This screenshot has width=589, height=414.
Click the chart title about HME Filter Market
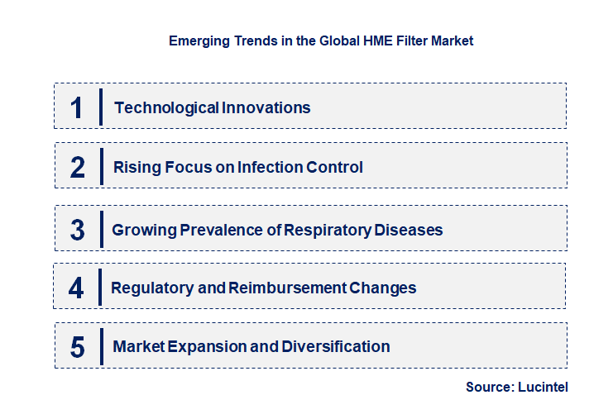[321, 40]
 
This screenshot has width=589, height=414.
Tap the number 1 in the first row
[76, 107]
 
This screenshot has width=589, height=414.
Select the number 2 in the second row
[77, 168]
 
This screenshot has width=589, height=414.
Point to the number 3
[77, 230]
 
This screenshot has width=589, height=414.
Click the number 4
[76, 288]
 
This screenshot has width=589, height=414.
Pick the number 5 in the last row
[77, 347]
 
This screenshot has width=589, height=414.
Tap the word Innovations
[266, 107]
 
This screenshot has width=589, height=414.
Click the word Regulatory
[149, 288]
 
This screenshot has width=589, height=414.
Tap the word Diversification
[335, 347]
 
